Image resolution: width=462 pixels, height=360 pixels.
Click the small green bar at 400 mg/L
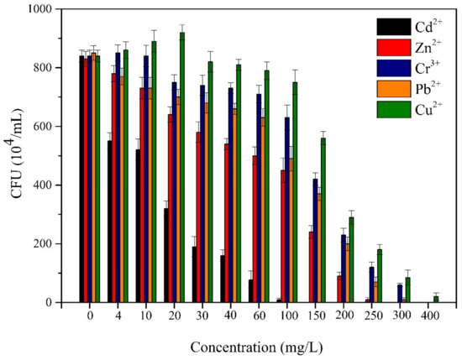tap(436, 299)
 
